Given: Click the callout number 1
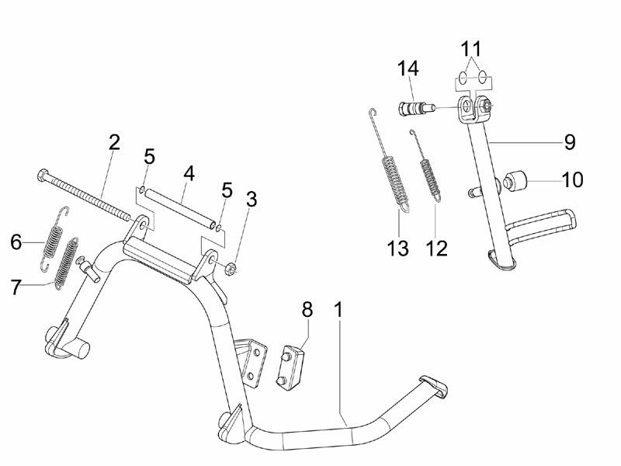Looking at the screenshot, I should (x=338, y=308).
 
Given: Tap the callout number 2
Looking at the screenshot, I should (x=114, y=143).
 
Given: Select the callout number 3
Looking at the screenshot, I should (x=252, y=199).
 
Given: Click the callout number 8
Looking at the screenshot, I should (x=307, y=309).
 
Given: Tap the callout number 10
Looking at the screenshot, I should (x=572, y=180).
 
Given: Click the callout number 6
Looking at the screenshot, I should (x=16, y=242).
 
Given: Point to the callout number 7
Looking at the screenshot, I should (x=16, y=287).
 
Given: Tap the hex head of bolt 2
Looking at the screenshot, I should (x=40, y=176).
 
